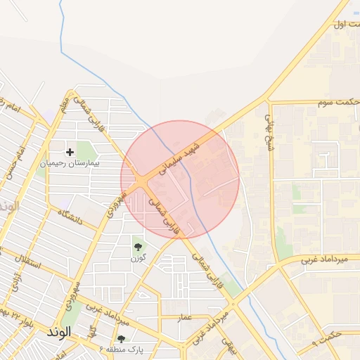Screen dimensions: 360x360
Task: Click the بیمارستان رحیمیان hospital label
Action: click(x=70, y=162)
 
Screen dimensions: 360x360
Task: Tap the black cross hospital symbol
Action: click(x=70, y=151)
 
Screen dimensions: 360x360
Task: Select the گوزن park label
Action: click(x=136, y=258)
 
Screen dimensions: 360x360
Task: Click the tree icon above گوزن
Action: click(x=137, y=247)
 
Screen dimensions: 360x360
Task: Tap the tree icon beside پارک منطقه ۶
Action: click(x=121, y=339)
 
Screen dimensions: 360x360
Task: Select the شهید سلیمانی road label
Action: click(x=181, y=157)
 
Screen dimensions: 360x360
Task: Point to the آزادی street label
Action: click(x=15, y=281)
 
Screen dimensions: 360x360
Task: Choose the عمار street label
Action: click(x=184, y=317)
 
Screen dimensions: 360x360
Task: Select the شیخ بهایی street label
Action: click(x=268, y=133)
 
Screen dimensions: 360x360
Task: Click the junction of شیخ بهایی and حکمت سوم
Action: click(x=268, y=103)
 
